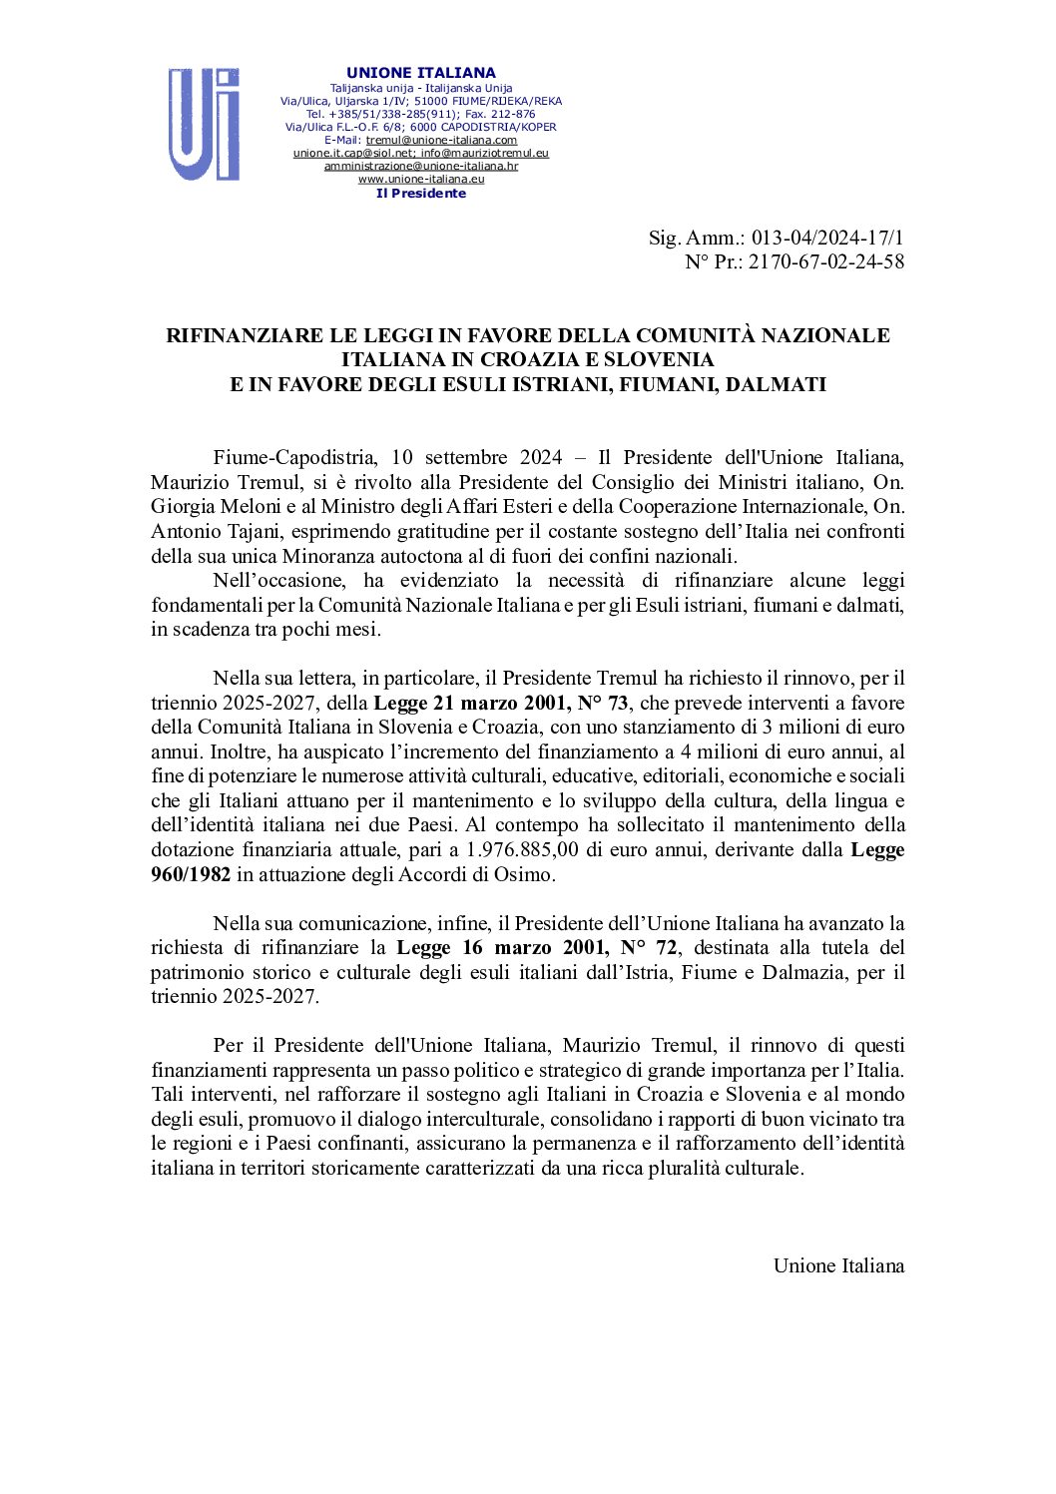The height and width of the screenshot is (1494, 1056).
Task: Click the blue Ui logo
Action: pos(204,125)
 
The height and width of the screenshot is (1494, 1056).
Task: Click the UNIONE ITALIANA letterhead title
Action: pos(420,73)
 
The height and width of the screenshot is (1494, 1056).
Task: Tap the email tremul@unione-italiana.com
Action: pos(441,141)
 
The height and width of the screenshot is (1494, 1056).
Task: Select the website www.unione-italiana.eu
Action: pos(420,180)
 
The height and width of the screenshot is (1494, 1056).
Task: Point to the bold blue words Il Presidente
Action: pos(420,194)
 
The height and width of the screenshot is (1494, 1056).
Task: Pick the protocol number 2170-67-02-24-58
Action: pos(826,261)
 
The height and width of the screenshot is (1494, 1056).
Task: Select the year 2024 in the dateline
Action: pos(541,458)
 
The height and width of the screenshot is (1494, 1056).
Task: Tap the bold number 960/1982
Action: pos(191,874)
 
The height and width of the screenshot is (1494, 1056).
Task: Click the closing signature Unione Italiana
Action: pos(838,1265)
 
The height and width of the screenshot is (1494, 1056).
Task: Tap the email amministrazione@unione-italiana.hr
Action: pos(420,167)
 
